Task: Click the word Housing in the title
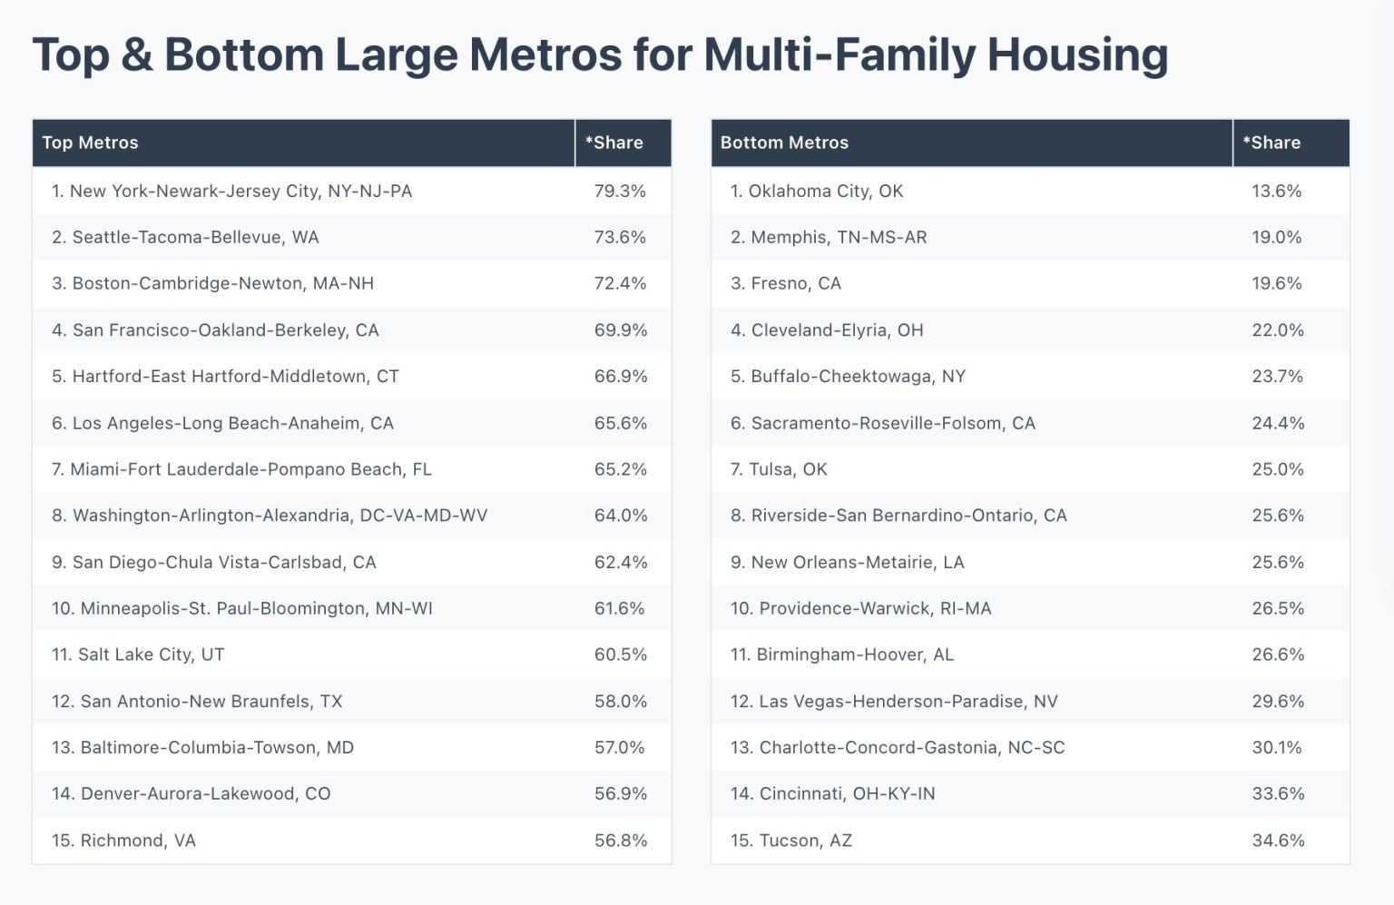pos(1077,55)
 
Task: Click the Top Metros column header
pos(90,143)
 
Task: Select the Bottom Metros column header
pos(784,143)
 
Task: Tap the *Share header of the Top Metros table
pos(614,143)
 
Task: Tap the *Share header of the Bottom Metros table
pos(1271,143)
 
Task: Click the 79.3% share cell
pos(620,192)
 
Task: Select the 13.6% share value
pos(1276,192)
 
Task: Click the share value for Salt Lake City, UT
pos(621,654)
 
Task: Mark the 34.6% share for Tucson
pos(1278,841)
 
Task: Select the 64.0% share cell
pos(621,516)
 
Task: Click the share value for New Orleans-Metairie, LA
pos(1278,562)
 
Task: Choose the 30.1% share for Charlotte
pos(1277,748)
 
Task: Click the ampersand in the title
pos(137,55)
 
